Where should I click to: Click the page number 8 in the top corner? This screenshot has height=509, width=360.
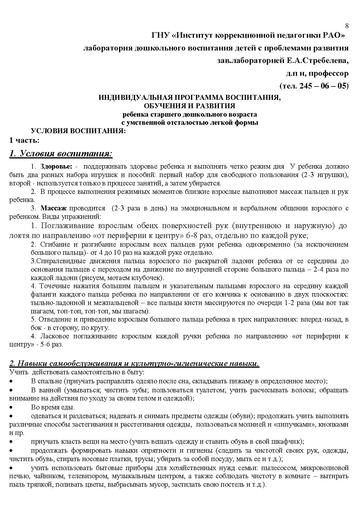347,26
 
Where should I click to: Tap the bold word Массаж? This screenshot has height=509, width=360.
54,208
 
